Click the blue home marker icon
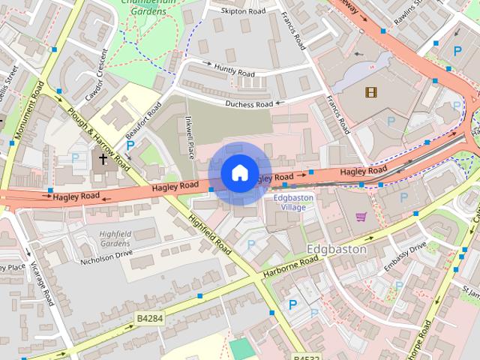tap(239, 173)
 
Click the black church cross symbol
tap(103, 159)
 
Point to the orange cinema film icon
tap(369, 92)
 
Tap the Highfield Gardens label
tap(115, 238)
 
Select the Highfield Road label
tap(211, 235)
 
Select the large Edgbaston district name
tap(337, 249)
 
